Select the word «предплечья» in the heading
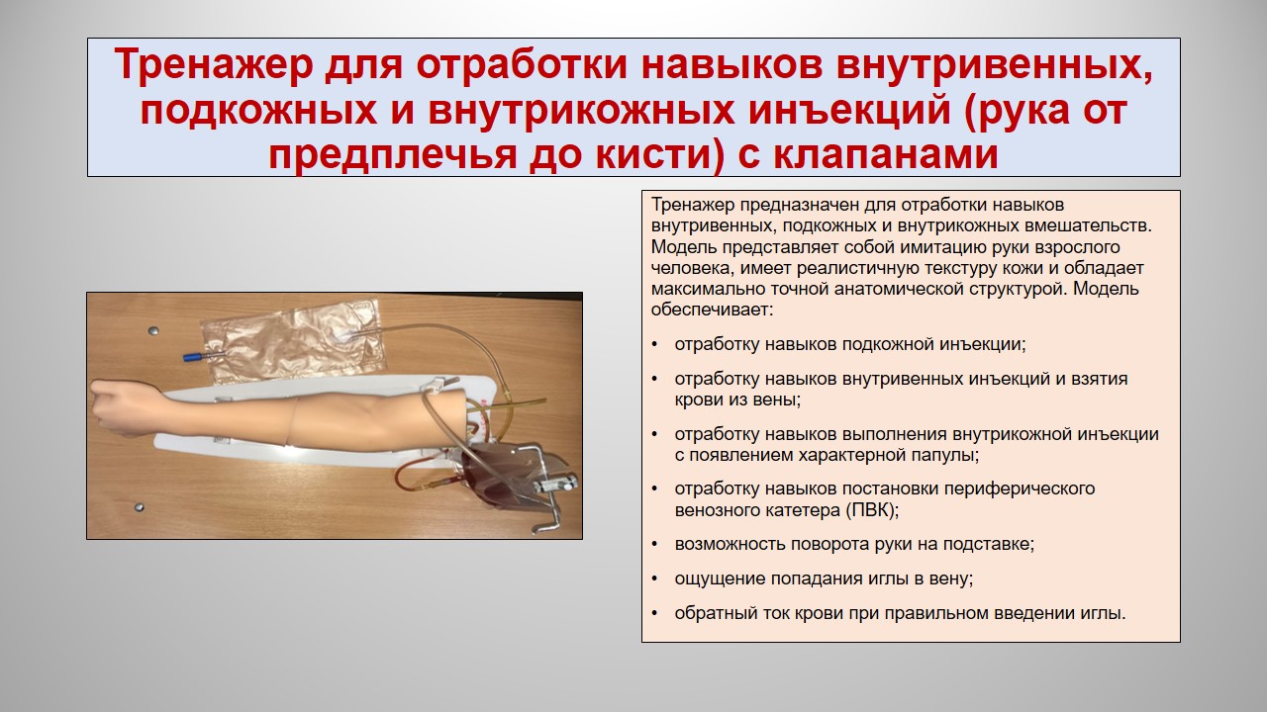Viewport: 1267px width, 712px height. (x=392, y=155)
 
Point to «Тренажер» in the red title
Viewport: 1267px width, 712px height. (x=214, y=65)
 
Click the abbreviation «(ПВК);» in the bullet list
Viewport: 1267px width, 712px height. (x=872, y=510)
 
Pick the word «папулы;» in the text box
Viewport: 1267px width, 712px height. (x=944, y=455)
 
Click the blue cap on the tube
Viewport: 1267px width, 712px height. (x=193, y=357)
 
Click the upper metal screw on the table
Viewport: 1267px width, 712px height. (x=151, y=331)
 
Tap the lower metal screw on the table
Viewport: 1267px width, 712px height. (x=139, y=507)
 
